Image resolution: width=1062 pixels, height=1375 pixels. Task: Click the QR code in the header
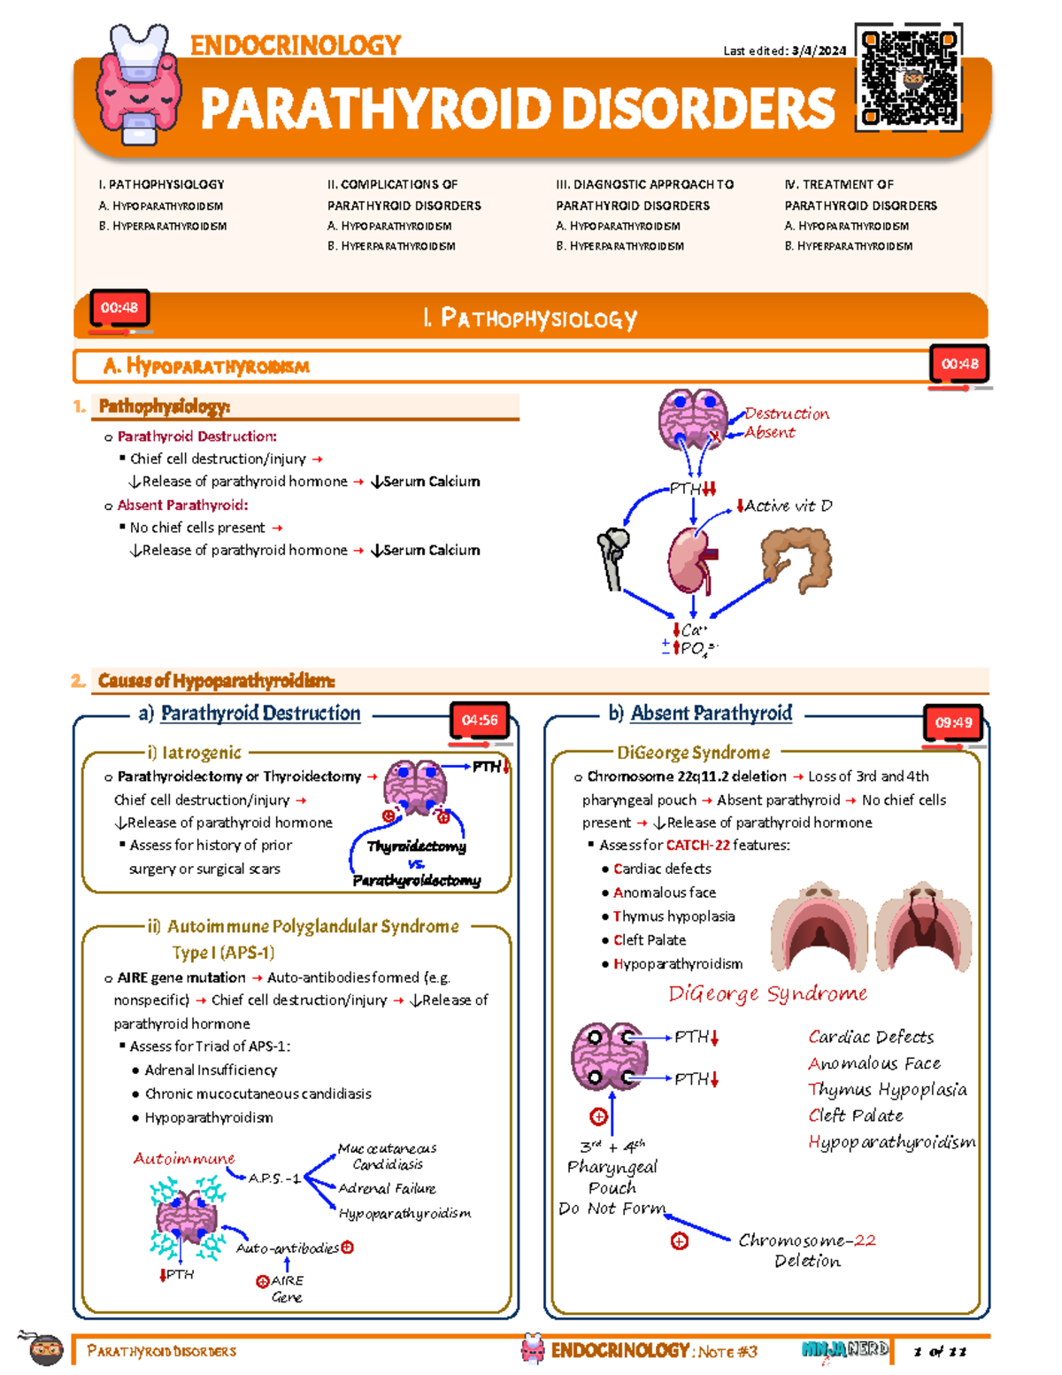coord(909,78)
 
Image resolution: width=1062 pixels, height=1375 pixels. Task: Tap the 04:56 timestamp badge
coord(480,721)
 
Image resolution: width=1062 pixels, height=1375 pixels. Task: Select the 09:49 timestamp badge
coord(954,722)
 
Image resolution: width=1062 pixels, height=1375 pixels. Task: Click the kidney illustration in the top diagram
coord(691,560)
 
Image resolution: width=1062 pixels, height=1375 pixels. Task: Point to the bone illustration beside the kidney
coord(613,558)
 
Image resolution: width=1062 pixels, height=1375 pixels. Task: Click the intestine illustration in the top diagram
coord(797,558)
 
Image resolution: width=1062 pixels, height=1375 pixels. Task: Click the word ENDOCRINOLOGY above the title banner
coord(296,45)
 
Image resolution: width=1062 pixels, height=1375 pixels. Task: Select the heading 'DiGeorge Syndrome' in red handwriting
coord(767,993)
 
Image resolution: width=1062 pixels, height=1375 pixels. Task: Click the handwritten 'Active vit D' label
coord(788,506)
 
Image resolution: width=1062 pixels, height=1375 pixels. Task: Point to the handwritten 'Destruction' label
coord(787,413)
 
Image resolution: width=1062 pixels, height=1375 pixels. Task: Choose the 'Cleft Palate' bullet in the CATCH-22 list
coord(650,940)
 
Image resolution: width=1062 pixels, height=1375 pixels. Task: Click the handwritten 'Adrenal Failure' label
coord(387,1188)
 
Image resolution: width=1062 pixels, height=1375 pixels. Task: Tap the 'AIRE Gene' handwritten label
coord(286,1289)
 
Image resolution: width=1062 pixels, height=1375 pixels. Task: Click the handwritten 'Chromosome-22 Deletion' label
coord(807,1250)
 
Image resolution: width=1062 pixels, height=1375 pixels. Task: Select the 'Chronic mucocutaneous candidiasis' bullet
coord(258,1093)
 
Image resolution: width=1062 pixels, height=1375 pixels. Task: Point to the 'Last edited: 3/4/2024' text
coord(784,50)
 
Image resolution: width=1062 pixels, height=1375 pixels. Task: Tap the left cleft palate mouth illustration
coord(819,928)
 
